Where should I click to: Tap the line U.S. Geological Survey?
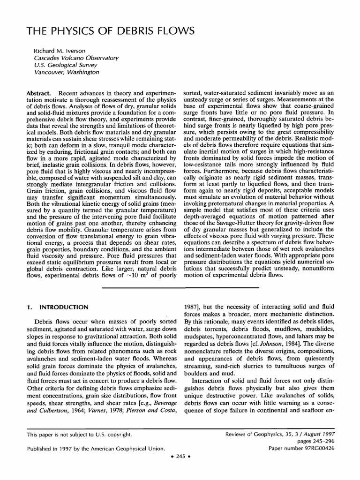67,65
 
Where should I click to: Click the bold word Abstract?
38,94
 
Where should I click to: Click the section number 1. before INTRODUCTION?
28,307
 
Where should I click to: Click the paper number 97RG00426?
333,448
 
